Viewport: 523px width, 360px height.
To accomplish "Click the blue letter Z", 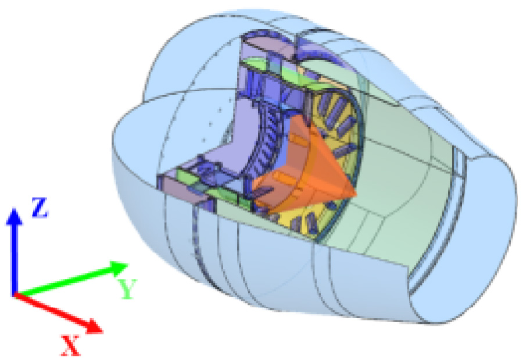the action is pos(40,208).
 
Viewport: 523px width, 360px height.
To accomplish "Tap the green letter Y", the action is pos(127,289).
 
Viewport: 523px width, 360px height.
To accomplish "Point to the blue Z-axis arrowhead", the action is pos(15,217).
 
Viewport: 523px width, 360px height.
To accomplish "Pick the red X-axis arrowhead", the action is pos(93,326).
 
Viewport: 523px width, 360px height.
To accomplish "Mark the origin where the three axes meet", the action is pos(15,294).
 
